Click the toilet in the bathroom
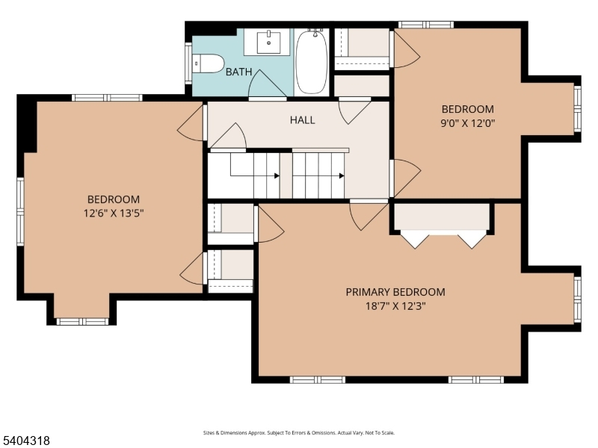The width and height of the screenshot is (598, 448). point(207,63)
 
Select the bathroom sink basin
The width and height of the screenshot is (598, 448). point(268,42)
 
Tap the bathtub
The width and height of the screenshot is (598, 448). point(312,62)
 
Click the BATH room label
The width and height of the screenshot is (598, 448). point(238,72)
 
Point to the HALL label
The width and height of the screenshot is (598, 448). point(303,120)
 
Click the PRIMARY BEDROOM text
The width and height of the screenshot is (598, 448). point(395,292)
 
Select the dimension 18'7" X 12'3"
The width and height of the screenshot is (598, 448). point(395,306)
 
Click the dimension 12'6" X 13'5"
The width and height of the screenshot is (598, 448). point(114,213)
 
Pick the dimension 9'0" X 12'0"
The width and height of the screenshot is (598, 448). point(468,123)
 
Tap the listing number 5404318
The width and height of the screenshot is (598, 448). point(25,441)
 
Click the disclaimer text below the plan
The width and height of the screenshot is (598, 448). point(298,433)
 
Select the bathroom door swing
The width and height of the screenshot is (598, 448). point(267,84)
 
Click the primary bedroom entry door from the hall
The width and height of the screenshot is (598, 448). point(368,215)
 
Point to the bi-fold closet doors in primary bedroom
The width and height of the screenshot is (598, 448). point(443,239)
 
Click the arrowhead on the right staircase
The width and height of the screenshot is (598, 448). point(342,175)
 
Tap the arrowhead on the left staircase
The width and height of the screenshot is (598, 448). point(277,175)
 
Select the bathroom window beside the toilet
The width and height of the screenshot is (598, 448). point(188,63)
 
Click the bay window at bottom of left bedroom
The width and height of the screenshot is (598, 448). point(82,322)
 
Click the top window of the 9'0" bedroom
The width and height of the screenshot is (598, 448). point(426,25)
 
